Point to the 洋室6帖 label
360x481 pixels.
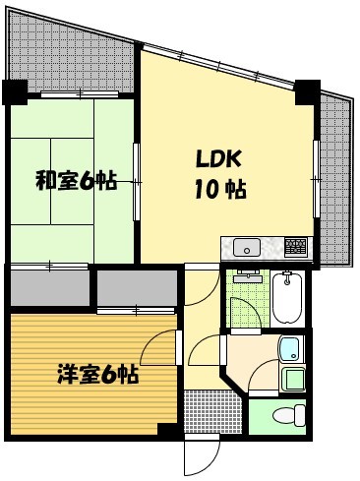pos(95,375)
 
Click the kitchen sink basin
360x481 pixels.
pos(248,246)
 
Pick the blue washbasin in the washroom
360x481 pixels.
pos(288,346)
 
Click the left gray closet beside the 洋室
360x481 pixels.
pos(48,290)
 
